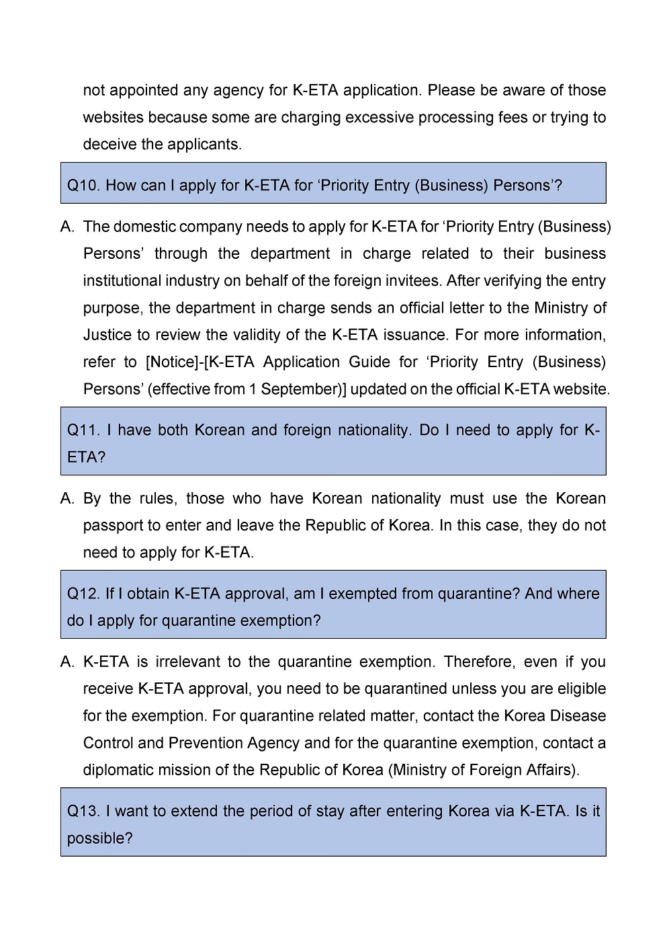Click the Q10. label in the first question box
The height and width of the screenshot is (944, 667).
point(83,186)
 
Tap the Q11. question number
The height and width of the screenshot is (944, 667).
point(83,430)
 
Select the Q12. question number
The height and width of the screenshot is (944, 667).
point(83,594)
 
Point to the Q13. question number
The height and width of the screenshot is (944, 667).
point(83,811)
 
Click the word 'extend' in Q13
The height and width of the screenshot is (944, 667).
point(195,811)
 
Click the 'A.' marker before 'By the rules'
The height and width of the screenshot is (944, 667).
point(67,499)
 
